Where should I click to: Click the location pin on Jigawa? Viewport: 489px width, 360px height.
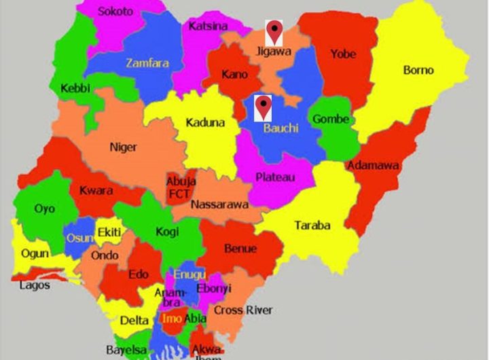coord(274,31)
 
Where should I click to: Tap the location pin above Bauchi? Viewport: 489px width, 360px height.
coord(263,107)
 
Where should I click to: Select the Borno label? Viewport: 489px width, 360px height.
coord(418,70)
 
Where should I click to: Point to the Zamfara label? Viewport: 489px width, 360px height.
coord(147,63)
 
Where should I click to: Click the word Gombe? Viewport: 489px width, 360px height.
coord(331,120)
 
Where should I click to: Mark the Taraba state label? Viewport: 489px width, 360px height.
coord(312,226)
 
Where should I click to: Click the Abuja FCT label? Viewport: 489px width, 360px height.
coord(181,188)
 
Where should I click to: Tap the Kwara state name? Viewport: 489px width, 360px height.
coord(96,191)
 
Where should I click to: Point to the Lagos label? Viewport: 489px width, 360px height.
coord(35,285)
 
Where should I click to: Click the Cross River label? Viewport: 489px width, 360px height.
coord(243,310)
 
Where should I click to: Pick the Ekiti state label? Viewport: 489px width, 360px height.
coord(109,233)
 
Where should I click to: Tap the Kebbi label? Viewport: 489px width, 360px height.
coord(75,89)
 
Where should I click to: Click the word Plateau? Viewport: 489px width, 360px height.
coord(275,177)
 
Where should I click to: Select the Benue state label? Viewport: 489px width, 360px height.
coord(240,249)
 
